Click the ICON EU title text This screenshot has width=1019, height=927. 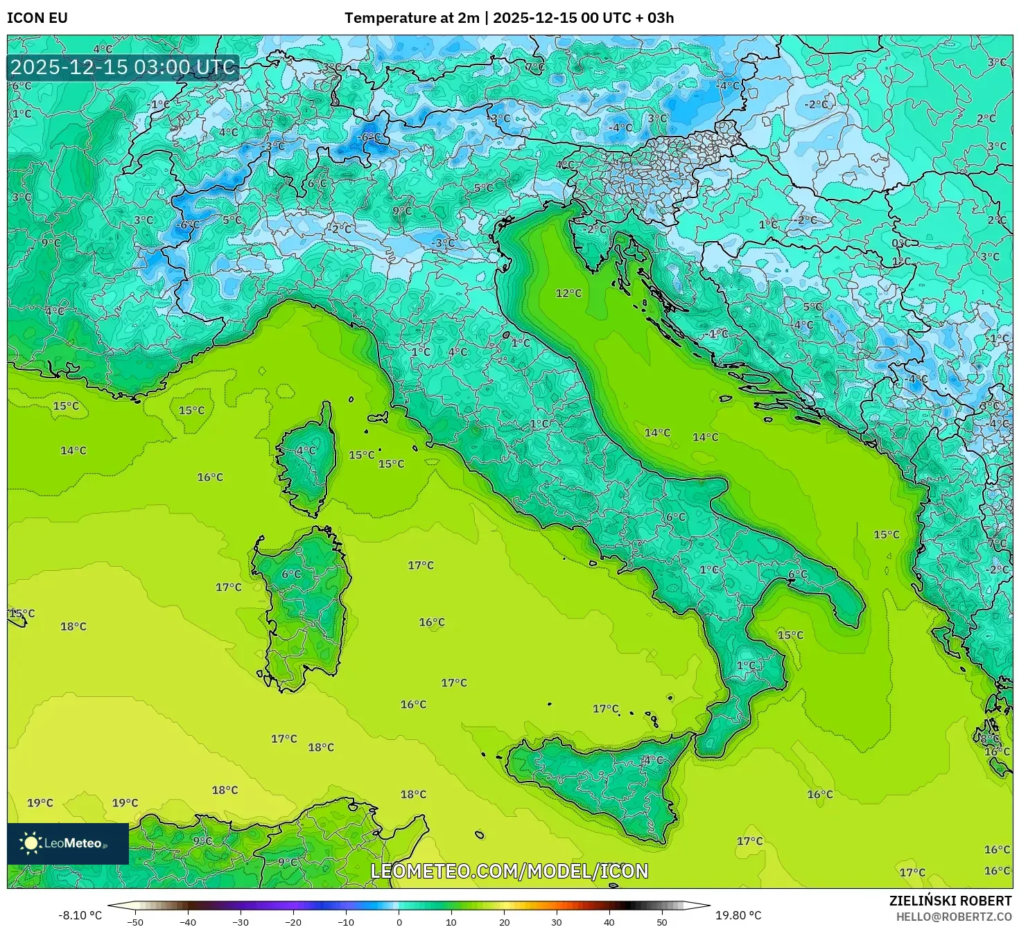pyautogui.click(x=37, y=18)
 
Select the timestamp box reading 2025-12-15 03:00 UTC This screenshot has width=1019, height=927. pyautogui.click(x=123, y=68)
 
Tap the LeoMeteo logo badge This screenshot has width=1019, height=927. pyautogui.click(x=68, y=843)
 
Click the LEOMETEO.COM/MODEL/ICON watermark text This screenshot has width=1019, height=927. pyautogui.click(x=509, y=871)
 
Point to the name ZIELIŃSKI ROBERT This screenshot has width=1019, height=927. pyautogui.click(x=950, y=901)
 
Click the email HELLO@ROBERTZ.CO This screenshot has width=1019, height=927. pyautogui.click(x=953, y=917)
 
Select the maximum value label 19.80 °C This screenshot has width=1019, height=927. pyautogui.click(x=738, y=915)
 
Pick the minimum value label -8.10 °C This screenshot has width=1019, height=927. pyautogui.click(x=80, y=915)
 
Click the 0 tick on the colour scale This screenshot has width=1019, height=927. pyautogui.click(x=399, y=922)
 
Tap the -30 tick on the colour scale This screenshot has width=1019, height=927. pyautogui.click(x=240, y=922)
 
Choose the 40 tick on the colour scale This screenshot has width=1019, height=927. pyautogui.click(x=609, y=922)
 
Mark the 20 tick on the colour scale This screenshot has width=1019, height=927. pyautogui.click(x=504, y=922)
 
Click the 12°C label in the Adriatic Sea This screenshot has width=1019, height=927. pyautogui.click(x=568, y=294)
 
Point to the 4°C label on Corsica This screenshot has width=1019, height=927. pyautogui.click(x=306, y=450)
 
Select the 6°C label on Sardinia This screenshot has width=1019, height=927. pyautogui.click(x=292, y=574)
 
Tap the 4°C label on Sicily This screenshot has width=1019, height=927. pyautogui.click(x=652, y=760)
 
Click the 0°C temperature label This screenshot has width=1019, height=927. pyautogui.click(x=901, y=244)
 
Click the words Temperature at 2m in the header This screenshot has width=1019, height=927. pyautogui.click(x=412, y=18)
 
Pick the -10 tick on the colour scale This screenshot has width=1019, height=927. pyautogui.click(x=345, y=922)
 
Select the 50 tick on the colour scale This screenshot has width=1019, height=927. pyautogui.click(x=662, y=922)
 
